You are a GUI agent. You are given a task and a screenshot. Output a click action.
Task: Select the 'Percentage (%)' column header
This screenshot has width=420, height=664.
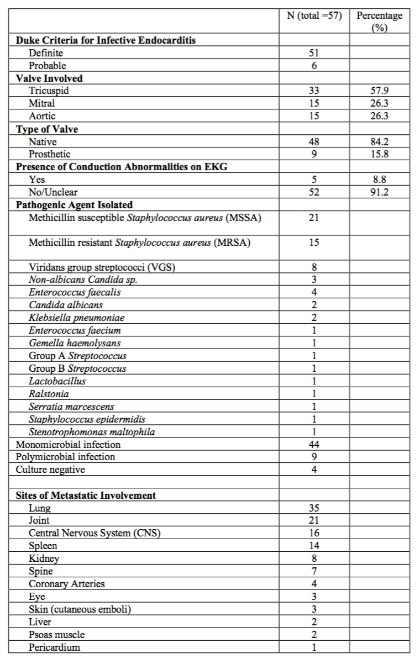tap(379, 22)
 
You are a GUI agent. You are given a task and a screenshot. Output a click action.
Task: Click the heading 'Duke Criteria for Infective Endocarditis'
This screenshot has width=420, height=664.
tap(106, 40)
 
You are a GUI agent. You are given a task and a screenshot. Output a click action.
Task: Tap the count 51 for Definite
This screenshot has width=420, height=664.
tap(314, 53)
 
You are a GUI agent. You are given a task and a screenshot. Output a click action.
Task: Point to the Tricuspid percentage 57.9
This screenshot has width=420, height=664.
tap(379, 91)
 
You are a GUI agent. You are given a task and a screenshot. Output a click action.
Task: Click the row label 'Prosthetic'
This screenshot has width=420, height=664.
tap(50, 154)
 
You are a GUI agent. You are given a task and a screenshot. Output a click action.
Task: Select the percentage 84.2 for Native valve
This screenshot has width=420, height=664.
tap(379, 142)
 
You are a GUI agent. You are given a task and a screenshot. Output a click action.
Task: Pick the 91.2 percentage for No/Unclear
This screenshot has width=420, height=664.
tap(379, 192)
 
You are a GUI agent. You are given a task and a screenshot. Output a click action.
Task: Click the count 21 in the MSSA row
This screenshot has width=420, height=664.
tap(314, 218)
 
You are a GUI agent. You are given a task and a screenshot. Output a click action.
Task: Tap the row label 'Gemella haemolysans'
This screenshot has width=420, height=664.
tap(75, 343)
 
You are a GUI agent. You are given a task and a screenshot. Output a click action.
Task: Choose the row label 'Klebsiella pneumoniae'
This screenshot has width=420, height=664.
tap(77, 318)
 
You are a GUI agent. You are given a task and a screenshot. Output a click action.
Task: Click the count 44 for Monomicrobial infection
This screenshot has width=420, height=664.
tap(314, 444)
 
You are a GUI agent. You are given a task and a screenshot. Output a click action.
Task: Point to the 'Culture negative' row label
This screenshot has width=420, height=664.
tap(50, 470)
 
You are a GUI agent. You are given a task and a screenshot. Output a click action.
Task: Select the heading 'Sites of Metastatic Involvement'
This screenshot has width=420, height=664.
tap(86, 496)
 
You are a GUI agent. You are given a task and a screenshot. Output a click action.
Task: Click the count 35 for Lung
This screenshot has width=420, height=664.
tap(314, 508)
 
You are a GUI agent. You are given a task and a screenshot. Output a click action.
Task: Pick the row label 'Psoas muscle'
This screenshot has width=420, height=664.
tap(57, 635)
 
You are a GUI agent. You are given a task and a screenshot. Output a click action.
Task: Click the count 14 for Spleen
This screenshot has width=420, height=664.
tap(314, 546)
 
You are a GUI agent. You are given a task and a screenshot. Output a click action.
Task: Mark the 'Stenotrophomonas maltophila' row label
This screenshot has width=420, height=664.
tap(92, 432)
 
